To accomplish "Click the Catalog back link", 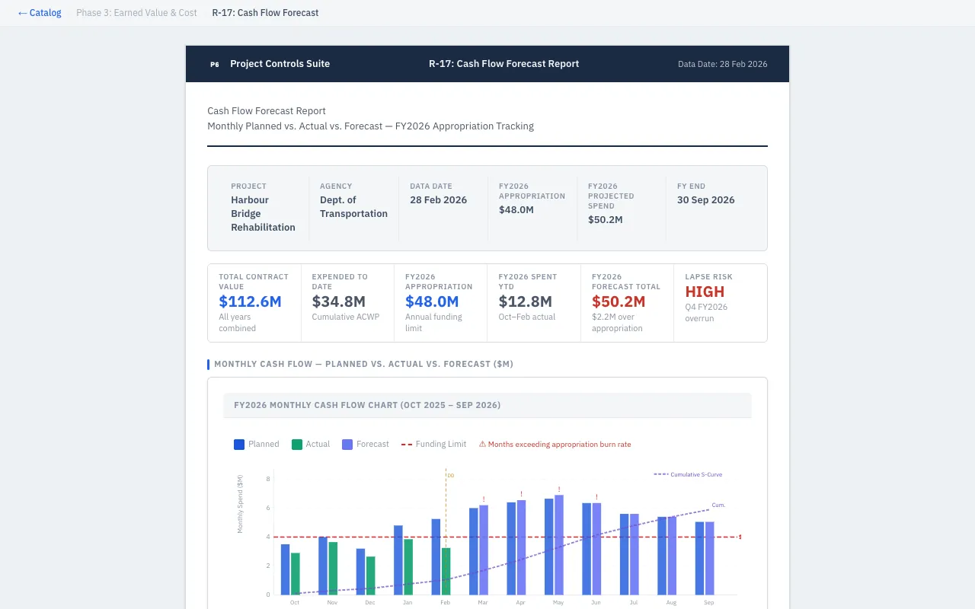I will click(40, 13).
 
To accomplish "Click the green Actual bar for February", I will click(446, 571).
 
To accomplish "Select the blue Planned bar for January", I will click(398, 560).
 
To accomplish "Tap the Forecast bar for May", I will click(559, 544).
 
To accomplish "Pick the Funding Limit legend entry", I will click(433, 445).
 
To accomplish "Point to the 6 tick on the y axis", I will click(267, 508).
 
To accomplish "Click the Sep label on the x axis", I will click(709, 602).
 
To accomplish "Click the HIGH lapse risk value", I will click(705, 292).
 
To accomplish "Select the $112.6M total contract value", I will click(250, 301).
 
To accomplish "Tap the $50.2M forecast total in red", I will click(619, 301).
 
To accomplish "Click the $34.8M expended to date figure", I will click(338, 301).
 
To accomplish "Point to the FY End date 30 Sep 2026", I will click(705, 200).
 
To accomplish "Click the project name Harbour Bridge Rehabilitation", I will click(263, 214).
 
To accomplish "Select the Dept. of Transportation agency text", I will click(353, 207).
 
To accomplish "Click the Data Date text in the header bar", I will click(722, 64).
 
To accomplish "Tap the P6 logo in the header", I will click(215, 65).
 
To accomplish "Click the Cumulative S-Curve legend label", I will click(695, 474).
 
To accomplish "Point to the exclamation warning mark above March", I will click(484, 499).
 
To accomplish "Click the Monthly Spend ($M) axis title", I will click(241, 503).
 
